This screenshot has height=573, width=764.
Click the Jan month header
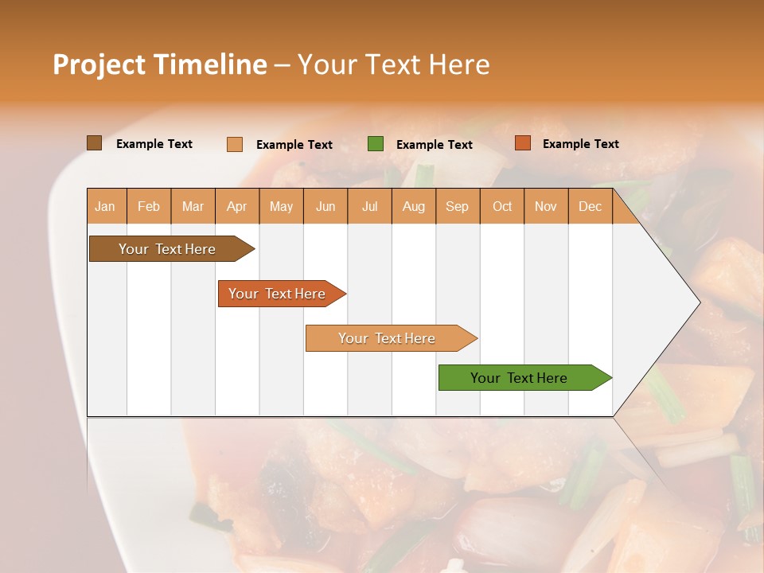(106, 207)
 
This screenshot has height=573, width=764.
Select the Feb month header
(149, 207)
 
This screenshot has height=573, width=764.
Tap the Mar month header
(193, 207)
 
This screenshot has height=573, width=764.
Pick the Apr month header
(237, 207)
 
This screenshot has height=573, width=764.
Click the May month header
(281, 207)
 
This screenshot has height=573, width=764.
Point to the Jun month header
(325, 207)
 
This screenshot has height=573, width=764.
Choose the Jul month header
(369, 207)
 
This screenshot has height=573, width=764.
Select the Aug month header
(414, 207)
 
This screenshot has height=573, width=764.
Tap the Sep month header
(458, 207)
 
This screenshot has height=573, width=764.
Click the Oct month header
(502, 207)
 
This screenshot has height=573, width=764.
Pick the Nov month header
(546, 207)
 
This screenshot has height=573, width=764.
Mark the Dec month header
(591, 207)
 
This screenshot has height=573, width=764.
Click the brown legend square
(95, 143)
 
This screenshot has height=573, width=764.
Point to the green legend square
(376, 144)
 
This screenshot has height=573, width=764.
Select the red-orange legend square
(522, 143)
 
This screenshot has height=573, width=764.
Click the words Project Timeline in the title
(160, 64)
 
